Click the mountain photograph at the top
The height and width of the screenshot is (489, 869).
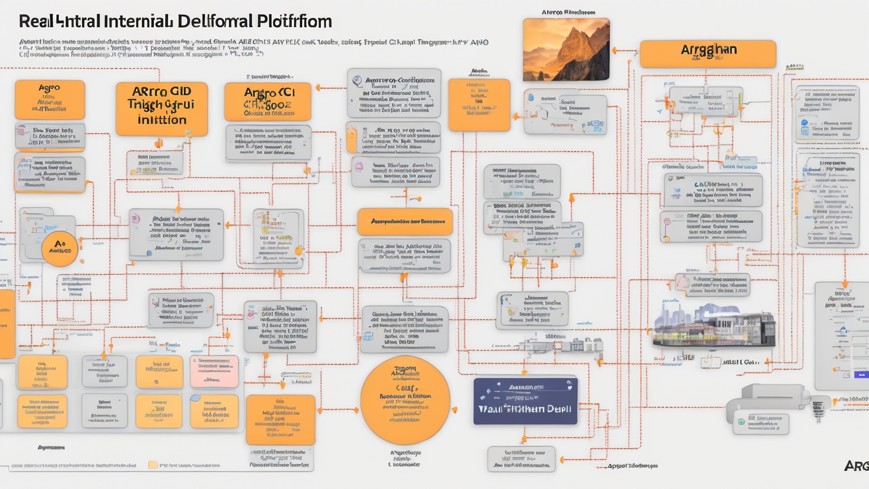coord(566,49)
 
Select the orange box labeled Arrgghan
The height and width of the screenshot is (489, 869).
coord(708,54)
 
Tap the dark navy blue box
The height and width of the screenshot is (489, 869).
coord(525,401)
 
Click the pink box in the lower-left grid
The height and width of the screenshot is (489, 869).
coord(214,371)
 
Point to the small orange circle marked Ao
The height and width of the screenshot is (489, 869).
coord(59,247)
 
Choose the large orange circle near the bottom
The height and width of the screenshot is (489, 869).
coord(405,400)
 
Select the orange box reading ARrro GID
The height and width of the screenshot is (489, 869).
coord(162,109)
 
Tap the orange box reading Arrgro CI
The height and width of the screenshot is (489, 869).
coord(268,102)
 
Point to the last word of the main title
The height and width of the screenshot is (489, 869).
coord(294,22)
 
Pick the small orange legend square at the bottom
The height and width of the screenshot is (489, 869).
coord(153,465)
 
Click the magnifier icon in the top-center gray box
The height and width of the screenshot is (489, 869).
coord(358,81)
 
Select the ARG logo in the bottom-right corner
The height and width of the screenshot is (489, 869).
coord(857,466)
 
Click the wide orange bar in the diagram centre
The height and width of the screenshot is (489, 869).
coord(405,221)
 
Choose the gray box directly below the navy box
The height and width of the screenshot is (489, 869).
coord(521,459)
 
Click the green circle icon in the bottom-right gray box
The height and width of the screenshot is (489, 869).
coord(741,422)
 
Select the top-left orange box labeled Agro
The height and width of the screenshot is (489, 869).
coord(50,98)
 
